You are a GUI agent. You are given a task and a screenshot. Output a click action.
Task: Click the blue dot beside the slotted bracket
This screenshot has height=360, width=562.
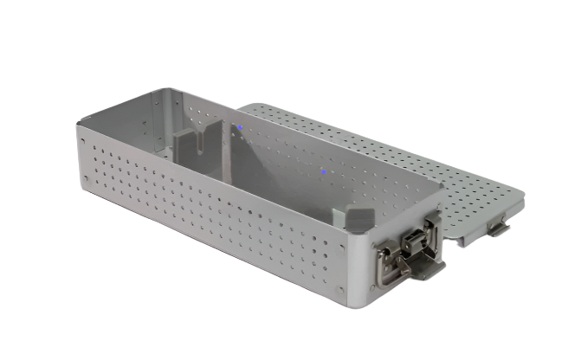click(240, 130)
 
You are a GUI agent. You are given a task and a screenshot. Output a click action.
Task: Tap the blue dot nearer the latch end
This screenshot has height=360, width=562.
click(323, 170)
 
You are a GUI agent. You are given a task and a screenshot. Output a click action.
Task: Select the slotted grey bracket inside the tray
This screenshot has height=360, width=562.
click(197, 146)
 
